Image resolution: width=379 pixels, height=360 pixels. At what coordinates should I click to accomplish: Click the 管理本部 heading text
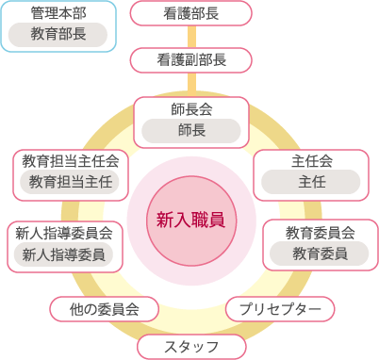59,13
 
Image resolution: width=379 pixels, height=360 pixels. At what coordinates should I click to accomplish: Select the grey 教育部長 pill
59,35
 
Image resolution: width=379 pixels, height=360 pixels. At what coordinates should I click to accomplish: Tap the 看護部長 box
190,13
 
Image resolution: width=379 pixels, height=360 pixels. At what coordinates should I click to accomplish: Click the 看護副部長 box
190,60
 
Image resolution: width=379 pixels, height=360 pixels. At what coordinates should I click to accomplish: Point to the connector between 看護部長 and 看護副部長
190,37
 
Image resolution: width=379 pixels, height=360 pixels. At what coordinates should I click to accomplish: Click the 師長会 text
190,109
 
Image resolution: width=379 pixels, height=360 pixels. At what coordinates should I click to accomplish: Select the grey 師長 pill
190,130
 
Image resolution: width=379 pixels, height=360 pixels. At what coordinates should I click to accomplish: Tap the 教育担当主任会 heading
70,160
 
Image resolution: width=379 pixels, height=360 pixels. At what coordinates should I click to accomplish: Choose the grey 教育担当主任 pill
70,181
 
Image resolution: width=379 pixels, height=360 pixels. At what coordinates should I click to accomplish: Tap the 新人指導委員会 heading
64,232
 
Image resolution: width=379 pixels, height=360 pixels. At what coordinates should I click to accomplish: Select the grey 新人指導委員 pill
64,253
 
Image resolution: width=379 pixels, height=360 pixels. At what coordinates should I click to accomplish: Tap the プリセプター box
280,307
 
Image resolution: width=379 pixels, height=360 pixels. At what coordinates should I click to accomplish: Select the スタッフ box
190,346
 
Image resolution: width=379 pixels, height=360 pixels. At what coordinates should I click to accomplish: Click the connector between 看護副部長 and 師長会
190,85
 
